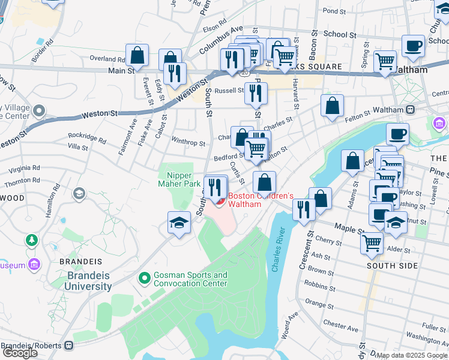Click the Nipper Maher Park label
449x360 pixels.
point(178,179)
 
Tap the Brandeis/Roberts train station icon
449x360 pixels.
point(70,346)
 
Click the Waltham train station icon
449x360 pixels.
point(411,110)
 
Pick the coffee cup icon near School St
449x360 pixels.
point(413,46)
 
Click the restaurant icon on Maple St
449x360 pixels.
point(304,209)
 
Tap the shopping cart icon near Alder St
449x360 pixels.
point(372,243)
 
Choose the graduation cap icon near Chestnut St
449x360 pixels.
point(396,223)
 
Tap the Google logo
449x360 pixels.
point(20,352)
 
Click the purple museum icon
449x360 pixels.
point(35,265)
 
